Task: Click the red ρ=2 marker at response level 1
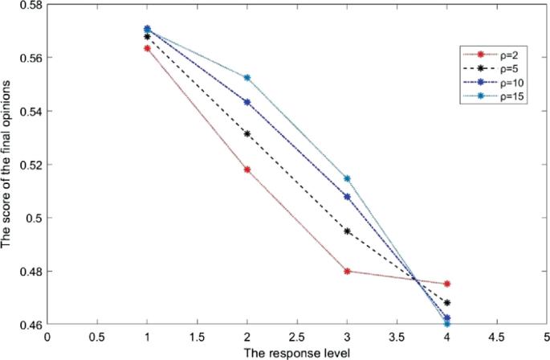(x=148, y=48)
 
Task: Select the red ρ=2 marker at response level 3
(x=347, y=271)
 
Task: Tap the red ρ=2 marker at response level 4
(x=447, y=284)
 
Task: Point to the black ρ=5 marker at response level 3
(x=347, y=231)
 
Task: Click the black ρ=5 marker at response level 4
(x=447, y=302)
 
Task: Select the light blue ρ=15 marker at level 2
(x=247, y=78)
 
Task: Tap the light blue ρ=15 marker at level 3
(x=347, y=178)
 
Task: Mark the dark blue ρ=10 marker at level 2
(x=247, y=102)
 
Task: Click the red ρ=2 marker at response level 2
(x=247, y=170)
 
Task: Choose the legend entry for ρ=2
(x=494, y=55)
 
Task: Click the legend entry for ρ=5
(x=494, y=68)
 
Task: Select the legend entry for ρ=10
(x=494, y=82)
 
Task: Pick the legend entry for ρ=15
(x=494, y=96)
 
